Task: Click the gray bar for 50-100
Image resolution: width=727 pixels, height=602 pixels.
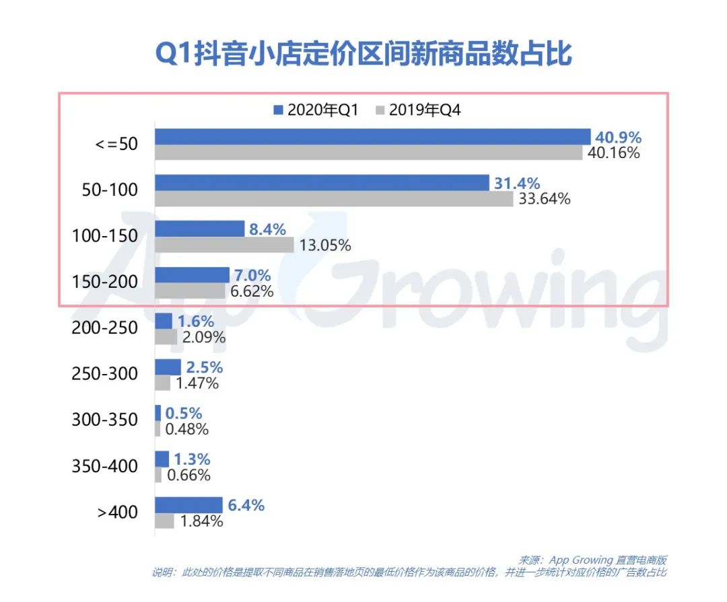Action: [334, 198]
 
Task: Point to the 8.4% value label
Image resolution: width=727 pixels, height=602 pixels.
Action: [269, 229]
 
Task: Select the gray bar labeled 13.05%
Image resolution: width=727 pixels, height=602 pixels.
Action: [224, 245]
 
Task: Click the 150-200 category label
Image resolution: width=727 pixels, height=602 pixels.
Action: [104, 282]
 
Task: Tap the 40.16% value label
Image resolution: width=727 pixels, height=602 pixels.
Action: [613, 153]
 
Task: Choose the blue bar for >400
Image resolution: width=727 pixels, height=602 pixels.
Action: [188, 504]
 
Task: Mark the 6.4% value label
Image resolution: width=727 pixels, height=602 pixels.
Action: [246, 504]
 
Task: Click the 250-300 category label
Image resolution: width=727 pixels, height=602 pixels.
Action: [104, 374]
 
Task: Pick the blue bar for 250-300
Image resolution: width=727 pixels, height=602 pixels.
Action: [168, 367]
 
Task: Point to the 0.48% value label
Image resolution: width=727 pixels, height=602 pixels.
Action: [186, 429]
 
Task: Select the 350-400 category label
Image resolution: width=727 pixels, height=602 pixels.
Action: [104, 466]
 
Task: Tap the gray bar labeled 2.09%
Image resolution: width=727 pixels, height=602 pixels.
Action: [166, 336]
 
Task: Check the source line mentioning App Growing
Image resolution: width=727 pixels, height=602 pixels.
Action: [592, 560]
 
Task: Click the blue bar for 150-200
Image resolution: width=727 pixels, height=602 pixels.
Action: [192, 274]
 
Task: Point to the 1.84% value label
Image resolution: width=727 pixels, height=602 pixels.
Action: [201, 521]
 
